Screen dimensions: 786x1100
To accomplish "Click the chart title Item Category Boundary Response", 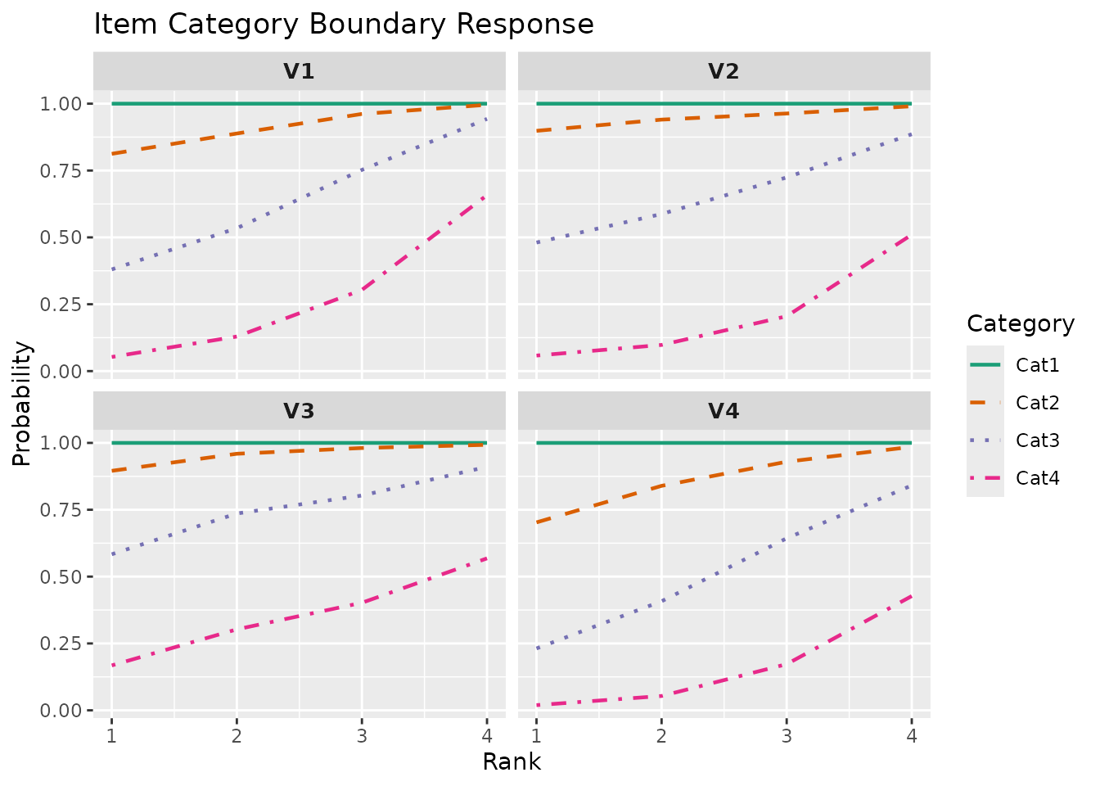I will pyautogui.click(x=344, y=25).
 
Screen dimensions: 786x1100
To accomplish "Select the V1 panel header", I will pyautogui.click(x=299, y=71).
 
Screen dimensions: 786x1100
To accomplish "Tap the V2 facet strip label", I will pyautogui.click(x=724, y=71).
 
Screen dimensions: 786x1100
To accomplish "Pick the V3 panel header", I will pyautogui.click(x=299, y=411).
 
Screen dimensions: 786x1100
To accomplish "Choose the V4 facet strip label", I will pyautogui.click(x=724, y=411).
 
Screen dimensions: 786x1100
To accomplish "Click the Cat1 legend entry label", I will pyautogui.click(x=1037, y=365).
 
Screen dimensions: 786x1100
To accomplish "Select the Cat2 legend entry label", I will pyautogui.click(x=1037, y=403).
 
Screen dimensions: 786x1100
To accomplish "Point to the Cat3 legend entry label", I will pyautogui.click(x=1037, y=440).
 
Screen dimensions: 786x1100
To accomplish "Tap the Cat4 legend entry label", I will pyautogui.click(x=1037, y=478).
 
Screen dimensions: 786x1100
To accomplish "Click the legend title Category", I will pyautogui.click(x=1020, y=324).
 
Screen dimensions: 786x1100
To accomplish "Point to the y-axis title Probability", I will pyautogui.click(x=22, y=404).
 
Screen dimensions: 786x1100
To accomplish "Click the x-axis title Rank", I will pyautogui.click(x=512, y=762).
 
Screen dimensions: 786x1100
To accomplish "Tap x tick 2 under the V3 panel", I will pyautogui.click(x=237, y=735).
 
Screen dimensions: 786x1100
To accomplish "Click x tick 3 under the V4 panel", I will pyautogui.click(x=787, y=735).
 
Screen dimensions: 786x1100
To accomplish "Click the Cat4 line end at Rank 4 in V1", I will pyautogui.click(x=486, y=196).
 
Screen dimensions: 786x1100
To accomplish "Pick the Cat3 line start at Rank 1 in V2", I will pyautogui.click(x=537, y=242).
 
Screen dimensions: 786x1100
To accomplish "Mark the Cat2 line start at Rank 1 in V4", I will pyautogui.click(x=537, y=522).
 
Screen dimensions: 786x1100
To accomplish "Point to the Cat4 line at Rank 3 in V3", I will pyautogui.click(x=361, y=603).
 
